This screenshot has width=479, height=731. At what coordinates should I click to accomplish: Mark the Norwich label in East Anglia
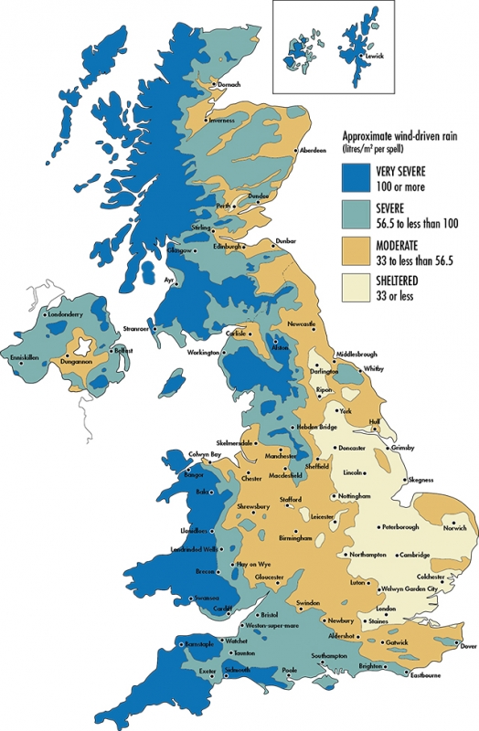coord(454,528)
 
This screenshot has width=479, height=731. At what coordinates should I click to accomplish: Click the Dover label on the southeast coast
coord(466,646)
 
